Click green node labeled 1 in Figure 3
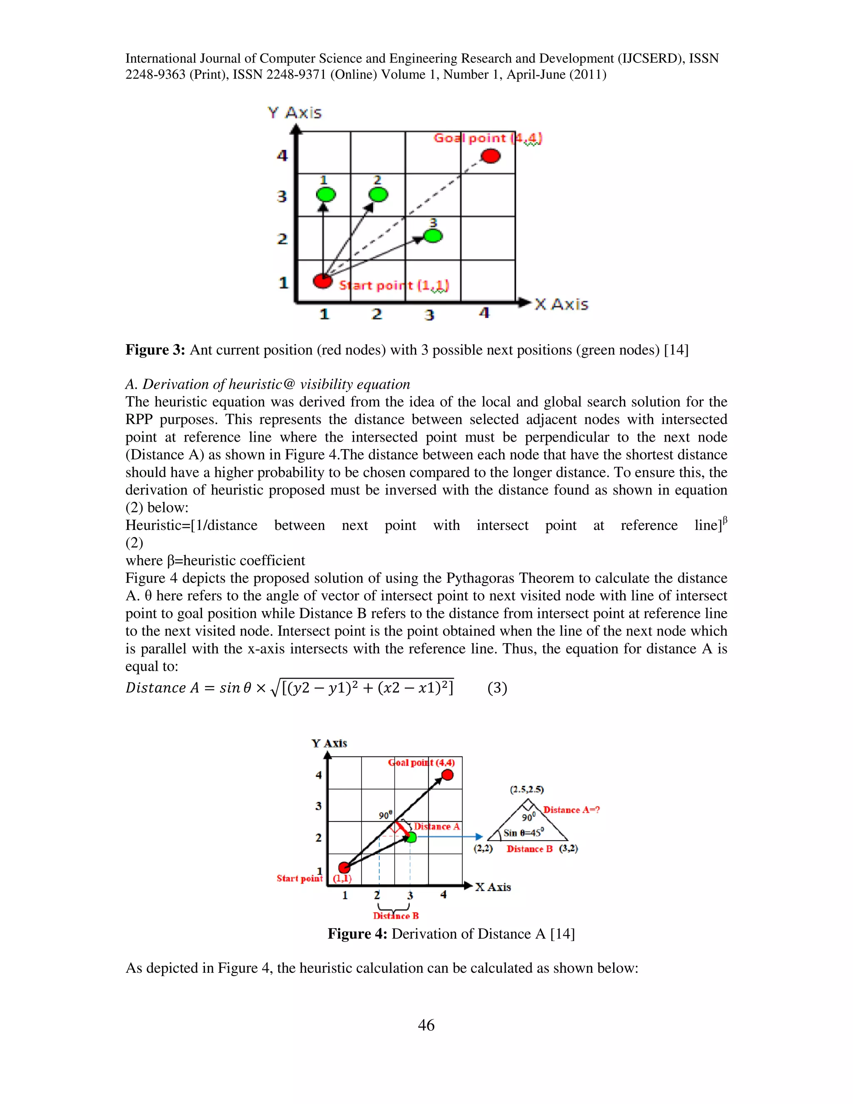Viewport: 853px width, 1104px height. pyautogui.click(x=326, y=194)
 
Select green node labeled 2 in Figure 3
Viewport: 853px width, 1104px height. pyautogui.click(x=378, y=194)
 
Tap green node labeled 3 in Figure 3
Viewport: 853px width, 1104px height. pyautogui.click(x=433, y=235)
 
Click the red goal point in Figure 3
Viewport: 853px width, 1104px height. pyautogui.click(x=490, y=156)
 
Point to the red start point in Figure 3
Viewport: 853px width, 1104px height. pyautogui.click(x=322, y=280)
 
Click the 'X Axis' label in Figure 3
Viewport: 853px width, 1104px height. pyautogui.click(x=561, y=304)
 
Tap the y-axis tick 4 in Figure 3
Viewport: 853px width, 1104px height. pyautogui.click(x=282, y=155)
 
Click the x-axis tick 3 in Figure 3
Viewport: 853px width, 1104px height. pyautogui.click(x=429, y=315)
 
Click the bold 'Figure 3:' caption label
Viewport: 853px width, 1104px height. pyautogui.click(x=155, y=350)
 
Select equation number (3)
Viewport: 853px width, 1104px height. pyautogui.click(x=497, y=688)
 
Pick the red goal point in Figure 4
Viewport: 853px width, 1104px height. pyautogui.click(x=447, y=775)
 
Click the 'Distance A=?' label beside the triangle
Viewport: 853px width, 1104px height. pyautogui.click(x=571, y=810)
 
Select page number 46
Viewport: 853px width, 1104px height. pyautogui.click(x=426, y=1025)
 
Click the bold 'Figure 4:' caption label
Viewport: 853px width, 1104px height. pyautogui.click(x=357, y=934)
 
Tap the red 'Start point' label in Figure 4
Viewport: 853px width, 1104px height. pyautogui.click(x=299, y=878)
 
